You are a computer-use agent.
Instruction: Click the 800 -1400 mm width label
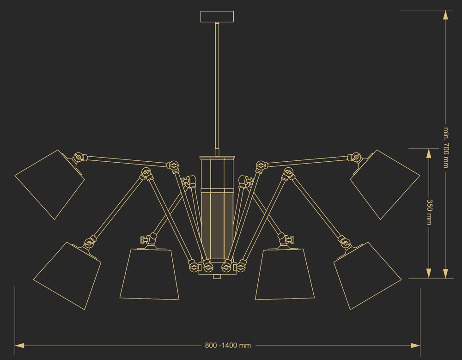click(228, 345)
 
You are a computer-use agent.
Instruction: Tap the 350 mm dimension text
click(429, 212)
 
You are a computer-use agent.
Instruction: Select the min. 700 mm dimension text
click(446, 148)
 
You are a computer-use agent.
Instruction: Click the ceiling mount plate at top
click(217, 17)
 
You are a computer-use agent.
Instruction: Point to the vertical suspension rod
click(217, 88)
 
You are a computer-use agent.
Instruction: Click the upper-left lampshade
click(49, 184)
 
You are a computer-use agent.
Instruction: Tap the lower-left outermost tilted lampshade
click(67, 276)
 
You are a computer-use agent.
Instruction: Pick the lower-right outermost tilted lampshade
click(367, 276)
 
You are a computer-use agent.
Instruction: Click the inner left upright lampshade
click(149, 274)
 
